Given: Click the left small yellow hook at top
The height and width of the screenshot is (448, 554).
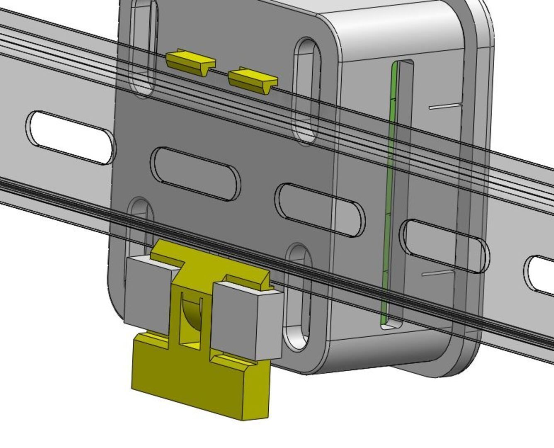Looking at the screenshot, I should [x=190, y=60].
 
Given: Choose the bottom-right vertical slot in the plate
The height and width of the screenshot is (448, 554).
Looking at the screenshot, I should [x=298, y=297].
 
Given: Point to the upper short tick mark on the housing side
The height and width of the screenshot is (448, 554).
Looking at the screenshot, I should [x=445, y=106].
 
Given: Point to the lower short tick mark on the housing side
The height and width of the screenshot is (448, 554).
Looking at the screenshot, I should [x=437, y=273].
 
